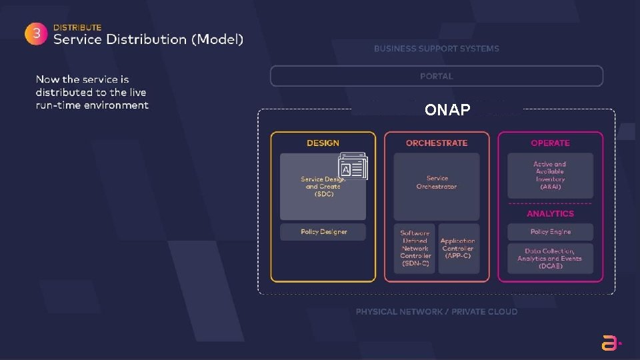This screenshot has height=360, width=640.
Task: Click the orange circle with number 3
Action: pyautogui.click(x=36, y=35)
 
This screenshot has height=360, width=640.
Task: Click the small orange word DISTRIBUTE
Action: pyautogui.click(x=77, y=27)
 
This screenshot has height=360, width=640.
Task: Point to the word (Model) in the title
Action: pyautogui.click(x=217, y=39)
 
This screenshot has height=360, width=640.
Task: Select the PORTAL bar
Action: pyautogui.click(x=436, y=76)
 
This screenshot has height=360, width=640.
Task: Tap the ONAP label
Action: pyautogui.click(x=447, y=110)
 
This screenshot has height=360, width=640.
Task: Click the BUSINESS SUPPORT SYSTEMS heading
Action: pyautogui.click(x=436, y=49)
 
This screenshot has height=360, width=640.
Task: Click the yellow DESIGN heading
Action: pyautogui.click(x=323, y=143)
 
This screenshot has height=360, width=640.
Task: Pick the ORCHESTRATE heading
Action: pyautogui.click(x=437, y=143)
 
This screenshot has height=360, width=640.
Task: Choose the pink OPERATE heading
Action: pyautogui.click(x=550, y=143)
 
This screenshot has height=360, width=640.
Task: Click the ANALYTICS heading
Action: pyautogui.click(x=550, y=213)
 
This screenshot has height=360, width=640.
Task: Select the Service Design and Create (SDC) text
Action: pyautogui.click(x=322, y=187)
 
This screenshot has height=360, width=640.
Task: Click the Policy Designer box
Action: pyautogui.click(x=323, y=232)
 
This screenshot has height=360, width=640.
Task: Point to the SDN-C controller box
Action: pyautogui.click(x=415, y=248)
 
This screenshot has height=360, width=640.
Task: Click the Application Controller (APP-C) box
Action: pyautogui.click(x=458, y=248)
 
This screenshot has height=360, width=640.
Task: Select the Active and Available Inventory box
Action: pyautogui.click(x=550, y=175)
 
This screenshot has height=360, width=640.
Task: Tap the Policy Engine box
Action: pyautogui.click(x=550, y=232)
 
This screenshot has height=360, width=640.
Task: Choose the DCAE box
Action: pyautogui.click(x=550, y=259)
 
